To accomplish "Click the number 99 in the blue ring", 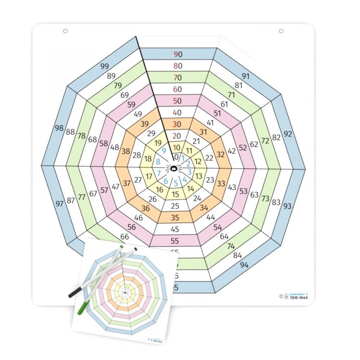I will (105, 66).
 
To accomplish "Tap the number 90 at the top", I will (178, 54).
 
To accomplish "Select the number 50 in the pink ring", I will (178, 101).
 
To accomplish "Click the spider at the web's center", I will (174, 168).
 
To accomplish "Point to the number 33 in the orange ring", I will (221, 183).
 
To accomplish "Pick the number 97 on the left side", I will (60, 204).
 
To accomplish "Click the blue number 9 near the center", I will (164, 151).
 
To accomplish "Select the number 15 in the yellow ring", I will (176, 194).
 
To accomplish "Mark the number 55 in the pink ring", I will (175, 240).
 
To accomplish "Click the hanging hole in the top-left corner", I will (66, 31).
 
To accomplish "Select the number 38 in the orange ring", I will (126, 151).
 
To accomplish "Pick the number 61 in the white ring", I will (224, 104).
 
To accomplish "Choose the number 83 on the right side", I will (276, 202).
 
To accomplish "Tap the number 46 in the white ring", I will (138, 217).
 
